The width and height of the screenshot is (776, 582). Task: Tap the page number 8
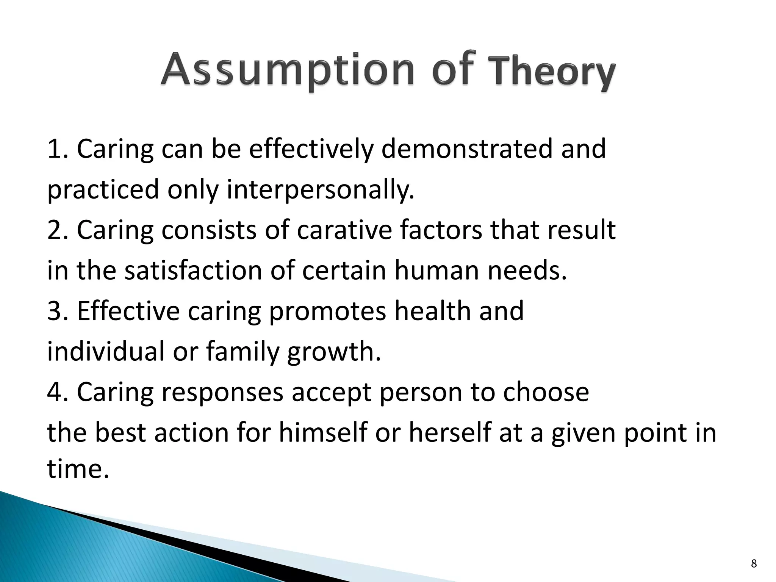(x=754, y=564)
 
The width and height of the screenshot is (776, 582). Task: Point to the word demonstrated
(x=466, y=149)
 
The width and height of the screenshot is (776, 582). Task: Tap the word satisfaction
(x=193, y=271)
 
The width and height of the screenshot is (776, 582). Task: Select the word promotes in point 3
(x=328, y=311)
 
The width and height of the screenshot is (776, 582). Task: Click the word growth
(x=334, y=352)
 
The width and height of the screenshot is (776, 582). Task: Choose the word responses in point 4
(x=222, y=392)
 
